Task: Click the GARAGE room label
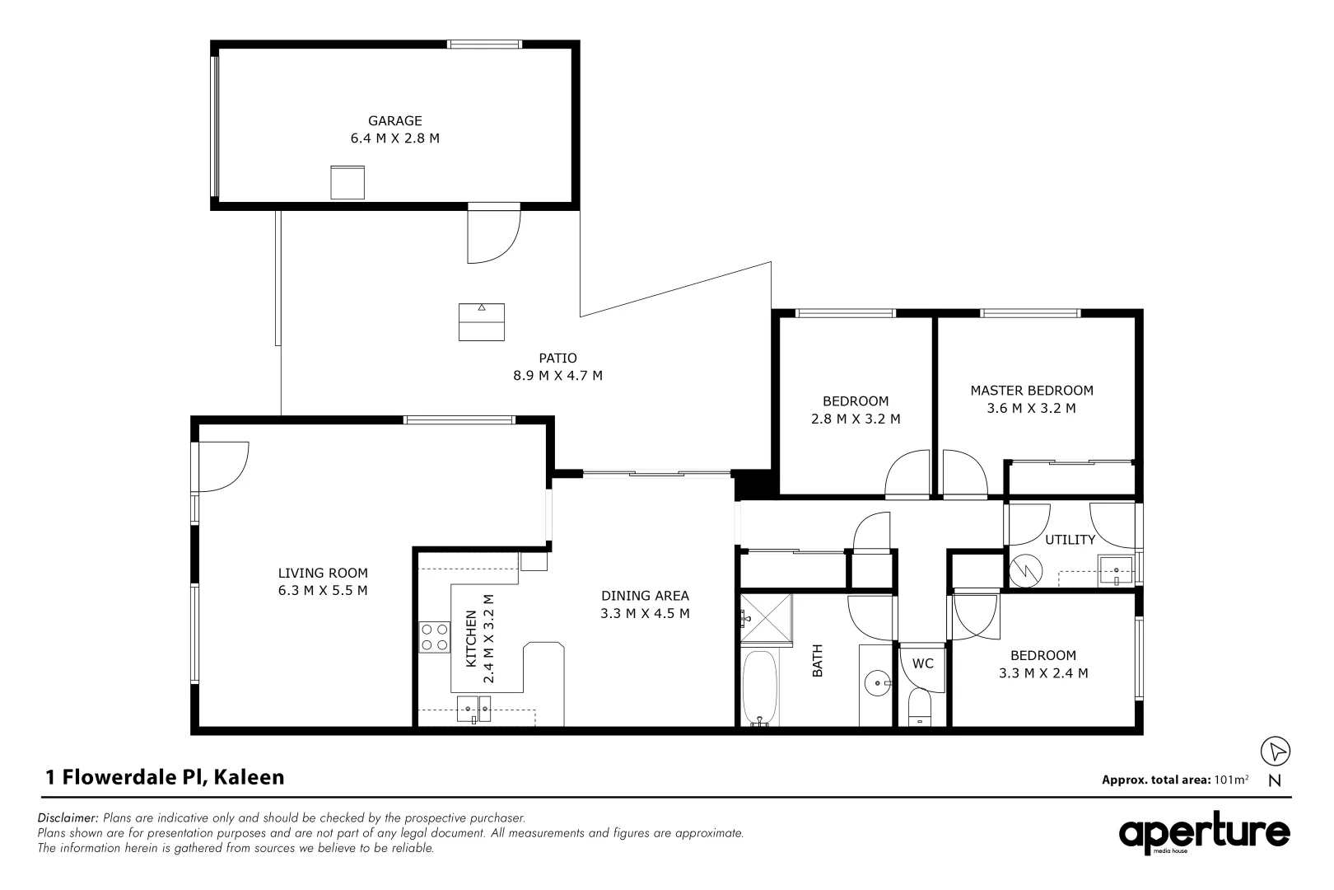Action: [x=395, y=120]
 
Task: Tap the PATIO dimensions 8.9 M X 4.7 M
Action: [x=557, y=376]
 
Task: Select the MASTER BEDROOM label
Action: [x=1031, y=391]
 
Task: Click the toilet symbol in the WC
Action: [x=921, y=708]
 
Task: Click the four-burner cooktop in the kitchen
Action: [x=434, y=636]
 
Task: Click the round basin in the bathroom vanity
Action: [x=878, y=682]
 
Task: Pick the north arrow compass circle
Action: [x=1276, y=752]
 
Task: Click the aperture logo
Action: [x=1204, y=834]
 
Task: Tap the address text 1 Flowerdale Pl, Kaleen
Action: [x=165, y=776]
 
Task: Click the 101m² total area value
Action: [x=1231, y=779]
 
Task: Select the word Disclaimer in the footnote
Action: [x=68, y=817]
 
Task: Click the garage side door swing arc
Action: [x=494, y=234]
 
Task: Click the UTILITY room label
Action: [x=1070, y=540]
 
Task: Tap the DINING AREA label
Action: [x=645, y=596]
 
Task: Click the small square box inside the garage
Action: [x=347, y=182]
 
